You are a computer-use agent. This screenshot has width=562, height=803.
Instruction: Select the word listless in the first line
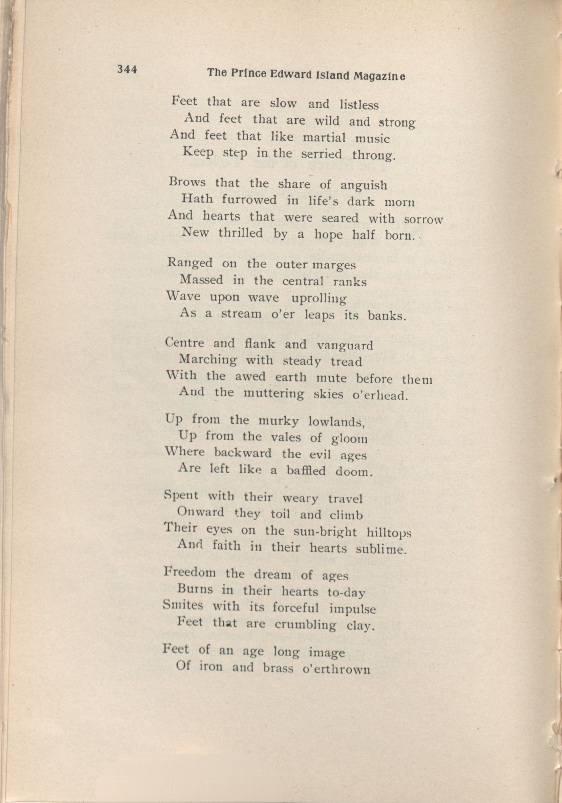pyautogui.click(x=359, y=105)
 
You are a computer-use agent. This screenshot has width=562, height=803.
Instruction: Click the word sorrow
pyautogui.click(x=423, y=220)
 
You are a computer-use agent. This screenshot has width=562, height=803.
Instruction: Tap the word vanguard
pyautogui.click(x=345, y=346)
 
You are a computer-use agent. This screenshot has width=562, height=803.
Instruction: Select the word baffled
pyautogui.click(x=306, y=471)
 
